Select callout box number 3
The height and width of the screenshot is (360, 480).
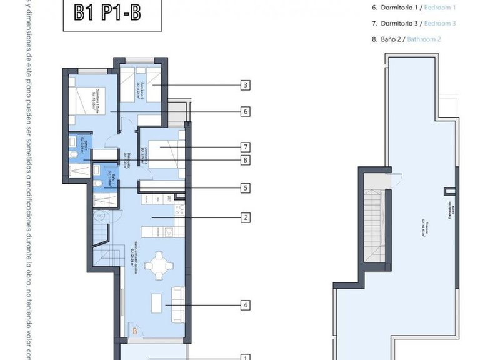pyautogui.click(x=246, y=85)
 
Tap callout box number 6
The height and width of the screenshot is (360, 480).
pyautogui.click(x=246, y=112)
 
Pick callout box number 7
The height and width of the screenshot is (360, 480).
pyautogui.click(x=246, y=147)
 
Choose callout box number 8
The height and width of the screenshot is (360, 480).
pyautogui.click(x=246, y=161)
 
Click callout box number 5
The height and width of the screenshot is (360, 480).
pyautogui.click(x=246, y=187)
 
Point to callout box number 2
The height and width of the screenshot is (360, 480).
pyautogui.click(x=246, y=218)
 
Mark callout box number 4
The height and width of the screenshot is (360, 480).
pyautogui.click(x=246, y=306)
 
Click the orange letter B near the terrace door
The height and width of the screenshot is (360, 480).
pyautogui.click(x=134, y=331)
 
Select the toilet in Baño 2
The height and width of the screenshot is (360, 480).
pyautogui.click(x=72, y=142)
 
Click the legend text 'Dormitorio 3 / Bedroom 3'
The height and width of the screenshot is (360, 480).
pyautogui.click(x=415, y=23)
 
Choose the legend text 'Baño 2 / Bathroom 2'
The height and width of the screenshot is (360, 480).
pyautogui.click(x=407, y=39)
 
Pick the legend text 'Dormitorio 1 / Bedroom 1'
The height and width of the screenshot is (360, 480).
pyautogui.click(x=415, y=7)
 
